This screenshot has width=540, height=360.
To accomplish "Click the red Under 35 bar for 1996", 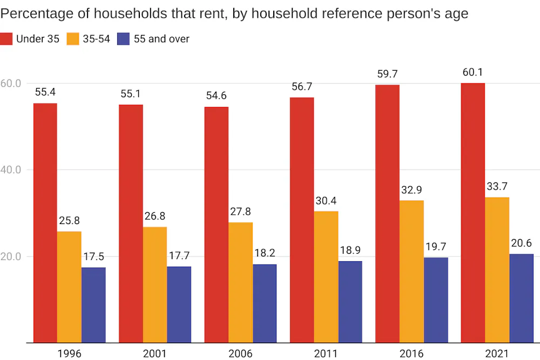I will tap(45, 222).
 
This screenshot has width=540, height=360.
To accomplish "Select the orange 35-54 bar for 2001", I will tap(155, 284).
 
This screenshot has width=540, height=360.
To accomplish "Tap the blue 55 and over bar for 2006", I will tap(265, 303).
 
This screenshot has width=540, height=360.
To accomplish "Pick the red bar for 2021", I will tap(473, 213).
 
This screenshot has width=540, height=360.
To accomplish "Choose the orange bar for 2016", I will tap(412, 271).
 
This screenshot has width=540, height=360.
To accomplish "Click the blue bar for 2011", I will tap(350, 302).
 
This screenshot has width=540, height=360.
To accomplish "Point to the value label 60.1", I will tap(473, 73).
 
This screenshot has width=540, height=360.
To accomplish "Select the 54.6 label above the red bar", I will tap(216, 96).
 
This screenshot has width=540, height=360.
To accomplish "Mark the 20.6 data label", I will tap(521, 243).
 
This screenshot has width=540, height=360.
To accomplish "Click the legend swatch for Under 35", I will tap(6, 38).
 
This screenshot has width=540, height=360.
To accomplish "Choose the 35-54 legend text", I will tap(96, 38).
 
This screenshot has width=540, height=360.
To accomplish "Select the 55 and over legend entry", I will tap(160, 38).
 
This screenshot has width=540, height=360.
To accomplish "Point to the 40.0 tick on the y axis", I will tap(10, 169).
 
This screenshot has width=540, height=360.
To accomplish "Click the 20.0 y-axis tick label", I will tap(10, 256).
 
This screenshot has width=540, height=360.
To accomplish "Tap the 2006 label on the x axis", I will tap(240, 354).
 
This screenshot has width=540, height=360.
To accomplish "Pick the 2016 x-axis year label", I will tap(411, 354).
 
